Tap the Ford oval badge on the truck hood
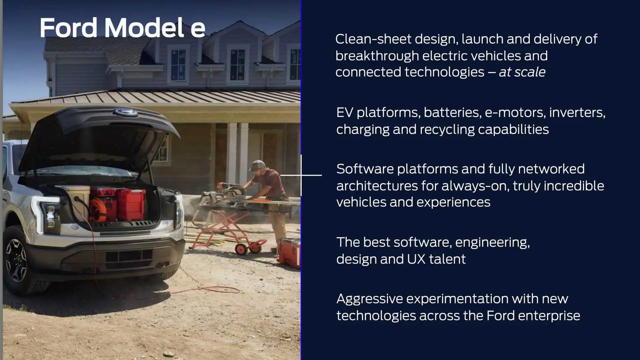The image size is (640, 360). (x=125, y=112)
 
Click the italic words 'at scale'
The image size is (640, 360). (x=522, y=72)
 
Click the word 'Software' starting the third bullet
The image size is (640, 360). (x=365, y=169)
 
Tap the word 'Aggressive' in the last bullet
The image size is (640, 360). (x=370, y=299)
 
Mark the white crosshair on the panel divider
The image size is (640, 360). (x=301, y=175)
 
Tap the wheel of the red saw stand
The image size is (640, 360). (x=241, y=249)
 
